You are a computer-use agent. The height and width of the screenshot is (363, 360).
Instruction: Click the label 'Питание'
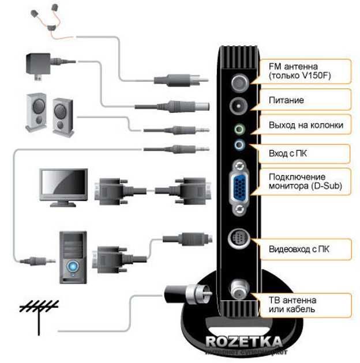click(286, 100)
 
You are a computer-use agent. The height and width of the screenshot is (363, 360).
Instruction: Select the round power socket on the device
click(239, 106)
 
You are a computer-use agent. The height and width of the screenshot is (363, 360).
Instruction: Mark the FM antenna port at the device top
click(239, 83)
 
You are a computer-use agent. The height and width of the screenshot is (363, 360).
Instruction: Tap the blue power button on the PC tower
click(73, 267)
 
